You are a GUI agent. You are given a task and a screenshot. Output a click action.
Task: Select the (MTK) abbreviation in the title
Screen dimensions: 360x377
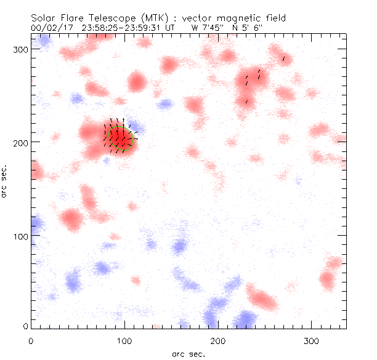(x=155, y=18)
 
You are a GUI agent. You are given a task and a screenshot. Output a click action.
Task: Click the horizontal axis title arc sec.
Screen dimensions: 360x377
(x=188, y=354)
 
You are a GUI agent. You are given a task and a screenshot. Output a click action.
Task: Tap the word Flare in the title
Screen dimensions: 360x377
(x=74, y=18)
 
